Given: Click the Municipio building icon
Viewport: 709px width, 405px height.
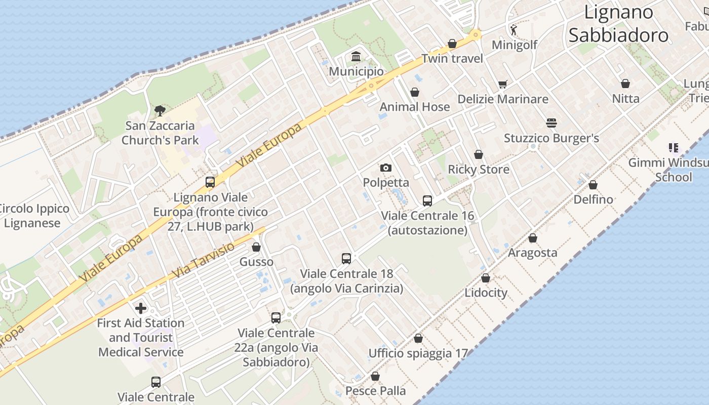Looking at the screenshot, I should pyautogui.click(x=356, y=56).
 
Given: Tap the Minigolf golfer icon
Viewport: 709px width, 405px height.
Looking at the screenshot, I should pyautogui.click(x=514, y=30).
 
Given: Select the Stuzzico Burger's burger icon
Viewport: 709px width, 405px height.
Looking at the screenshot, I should pyautogui.click(x=552, y=123).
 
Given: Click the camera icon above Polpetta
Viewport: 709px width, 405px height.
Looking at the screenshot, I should pyautogui.click(x=386, y=168).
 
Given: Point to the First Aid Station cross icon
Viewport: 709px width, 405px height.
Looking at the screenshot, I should pyautogui.click(x=141, y=308).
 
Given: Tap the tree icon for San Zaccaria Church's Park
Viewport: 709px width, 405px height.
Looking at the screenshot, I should pyautogui.click(x=160, y=110).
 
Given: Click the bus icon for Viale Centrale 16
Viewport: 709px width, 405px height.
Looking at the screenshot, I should pyautogui.click(x=427, y=201).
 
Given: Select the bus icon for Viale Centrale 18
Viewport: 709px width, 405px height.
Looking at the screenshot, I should pyautogui.click(x=346, y=259).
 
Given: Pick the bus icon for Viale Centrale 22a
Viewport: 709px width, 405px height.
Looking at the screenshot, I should pyautogui.click(x=276, y=318).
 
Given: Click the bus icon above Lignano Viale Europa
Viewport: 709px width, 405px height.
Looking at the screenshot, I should pyautogui.click(x=210, y=182).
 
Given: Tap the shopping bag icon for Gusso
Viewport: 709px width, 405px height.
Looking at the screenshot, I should pyautogui.click(x=256, y=247).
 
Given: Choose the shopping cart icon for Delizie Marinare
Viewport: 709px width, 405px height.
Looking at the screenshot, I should pyautogui.click(x=502, y=84).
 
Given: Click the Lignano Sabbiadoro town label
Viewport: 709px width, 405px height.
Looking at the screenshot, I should pyautogui.click(x=618, y=24).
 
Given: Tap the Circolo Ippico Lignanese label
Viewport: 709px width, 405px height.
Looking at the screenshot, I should pyautogui.click(x=33, y=216).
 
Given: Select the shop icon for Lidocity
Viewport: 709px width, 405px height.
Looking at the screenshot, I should pyautogui.click(x=486, y=278).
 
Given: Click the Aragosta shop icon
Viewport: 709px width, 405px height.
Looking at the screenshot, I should pyautogui.click(x=533, y=238).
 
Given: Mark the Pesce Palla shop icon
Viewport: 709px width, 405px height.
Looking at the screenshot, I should pyautogui.click(x=375, y=376).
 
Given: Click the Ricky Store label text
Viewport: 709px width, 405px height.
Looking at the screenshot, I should pyautogui.click(x=479, y=169).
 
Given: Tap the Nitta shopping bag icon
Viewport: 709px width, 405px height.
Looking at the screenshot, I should pyautogui.click(x=625, y=84).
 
